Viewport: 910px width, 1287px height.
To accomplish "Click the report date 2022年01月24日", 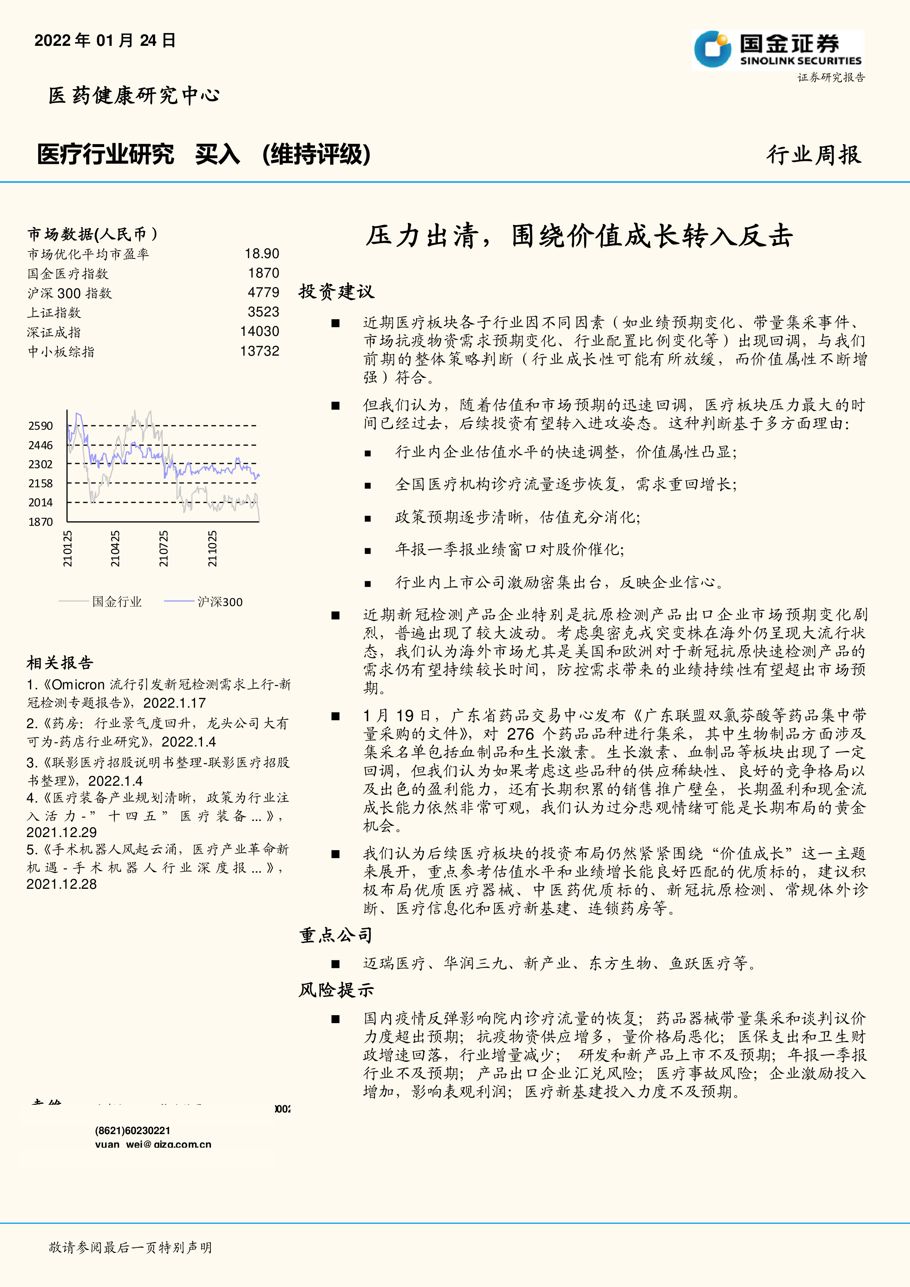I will tap(105, 40).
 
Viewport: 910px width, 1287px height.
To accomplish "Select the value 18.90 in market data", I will tap(262, 254).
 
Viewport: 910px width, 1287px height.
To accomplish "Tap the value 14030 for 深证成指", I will tap(260, 332).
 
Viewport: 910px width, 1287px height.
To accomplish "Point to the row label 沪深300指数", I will tap(70, 293).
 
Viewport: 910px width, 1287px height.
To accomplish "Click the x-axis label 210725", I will tap(164, 549).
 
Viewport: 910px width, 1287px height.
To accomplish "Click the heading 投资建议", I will tap(336, 291).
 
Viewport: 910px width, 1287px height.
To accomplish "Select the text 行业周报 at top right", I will tap(814, 155).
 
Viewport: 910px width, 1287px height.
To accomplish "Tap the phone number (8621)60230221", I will tap(133, 1130).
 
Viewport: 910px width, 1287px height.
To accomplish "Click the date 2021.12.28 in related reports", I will tap(62, 884).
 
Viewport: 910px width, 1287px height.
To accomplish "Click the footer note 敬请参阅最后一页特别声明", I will tap(130, 1247).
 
